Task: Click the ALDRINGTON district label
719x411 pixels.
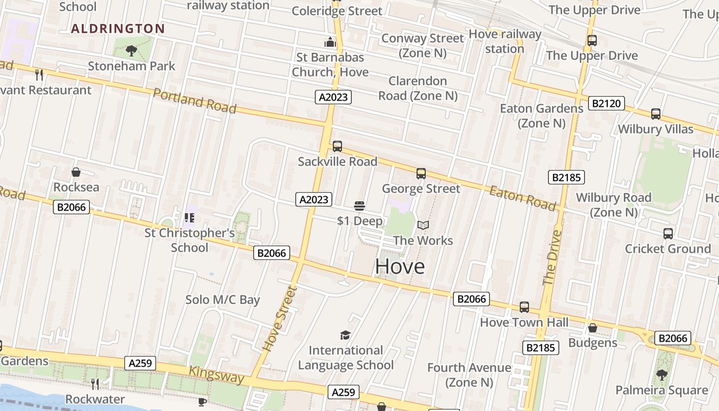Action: click(118, 29)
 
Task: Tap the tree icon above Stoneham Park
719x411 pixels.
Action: click(131, 50)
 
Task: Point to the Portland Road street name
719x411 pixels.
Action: click(195, 101)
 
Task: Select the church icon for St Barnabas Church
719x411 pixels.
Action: click(330, 42)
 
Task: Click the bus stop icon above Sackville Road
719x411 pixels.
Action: click(337, 146)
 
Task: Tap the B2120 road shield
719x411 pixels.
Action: click(607, 104)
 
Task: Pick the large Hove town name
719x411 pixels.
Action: click(400, 266)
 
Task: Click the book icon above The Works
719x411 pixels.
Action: click(423, 226)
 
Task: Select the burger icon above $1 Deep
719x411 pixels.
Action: click(359, 206)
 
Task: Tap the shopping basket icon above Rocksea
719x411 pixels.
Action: click(76, 172)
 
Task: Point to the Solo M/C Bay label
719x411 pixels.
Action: click(222, 300)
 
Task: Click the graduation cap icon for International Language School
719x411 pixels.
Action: click(346, 335)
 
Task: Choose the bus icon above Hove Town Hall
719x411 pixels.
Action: click(524, 307)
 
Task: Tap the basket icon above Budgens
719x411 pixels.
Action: click(593, 328)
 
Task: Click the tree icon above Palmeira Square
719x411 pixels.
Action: click(661, 375)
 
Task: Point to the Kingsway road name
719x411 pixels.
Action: click(216, 375)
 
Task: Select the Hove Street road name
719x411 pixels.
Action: click(280, 319)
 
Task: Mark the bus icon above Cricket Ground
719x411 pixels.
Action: click(668, 234)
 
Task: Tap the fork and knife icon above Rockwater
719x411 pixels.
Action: click(95, 384)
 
